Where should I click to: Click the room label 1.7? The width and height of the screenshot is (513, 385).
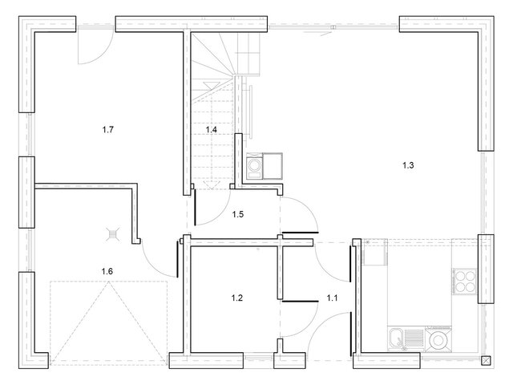(107, 130)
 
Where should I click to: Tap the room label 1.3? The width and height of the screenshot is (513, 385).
(408, 165)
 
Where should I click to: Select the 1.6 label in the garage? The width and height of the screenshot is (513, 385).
(107, 271)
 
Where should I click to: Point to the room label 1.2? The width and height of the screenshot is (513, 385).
(237, 298)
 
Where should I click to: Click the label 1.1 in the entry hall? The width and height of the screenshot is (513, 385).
(332, 298)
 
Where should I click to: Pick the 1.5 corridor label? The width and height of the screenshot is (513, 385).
(238, 214)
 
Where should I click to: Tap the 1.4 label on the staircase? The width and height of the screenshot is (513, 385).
(212, 130)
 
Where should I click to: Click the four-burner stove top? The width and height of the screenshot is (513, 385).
(465, 281)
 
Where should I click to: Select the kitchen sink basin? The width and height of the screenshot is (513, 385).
(397, 338)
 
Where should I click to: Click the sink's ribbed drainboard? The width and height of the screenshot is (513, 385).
(414, 338)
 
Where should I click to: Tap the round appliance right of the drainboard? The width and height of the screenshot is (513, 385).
(438, 340)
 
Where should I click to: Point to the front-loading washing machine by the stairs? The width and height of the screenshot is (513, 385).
(254, 166)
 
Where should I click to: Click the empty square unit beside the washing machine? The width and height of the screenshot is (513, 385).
(273, 166)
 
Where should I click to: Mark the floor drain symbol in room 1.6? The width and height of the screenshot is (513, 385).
(112, 234)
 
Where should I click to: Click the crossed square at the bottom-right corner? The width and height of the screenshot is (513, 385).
(487, 360)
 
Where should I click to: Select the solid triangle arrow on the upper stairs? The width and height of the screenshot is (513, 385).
(209, 86)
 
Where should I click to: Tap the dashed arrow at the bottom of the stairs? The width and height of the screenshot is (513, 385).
(210, 184)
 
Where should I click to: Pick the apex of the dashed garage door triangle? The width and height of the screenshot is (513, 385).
(109, 282)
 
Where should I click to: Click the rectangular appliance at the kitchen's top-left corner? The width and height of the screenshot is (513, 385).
(375, 251)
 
